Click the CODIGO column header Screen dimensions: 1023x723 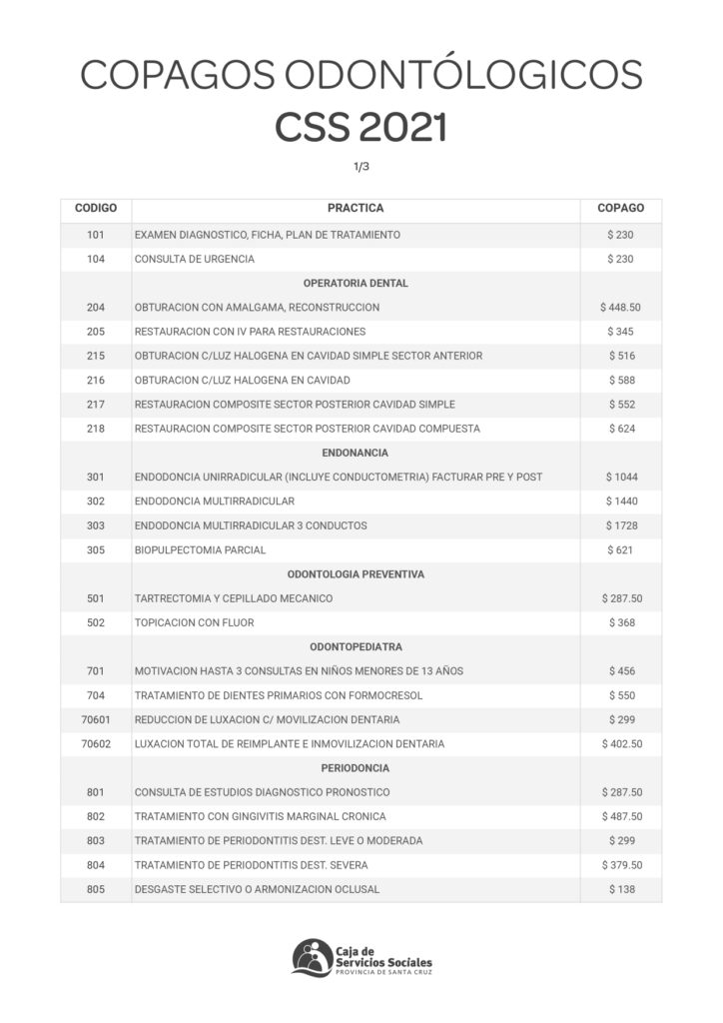coord(95,209)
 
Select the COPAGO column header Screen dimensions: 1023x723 coord(620,209)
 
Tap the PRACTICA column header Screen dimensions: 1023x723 coord(356,209)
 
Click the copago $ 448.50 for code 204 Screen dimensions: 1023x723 coord(620,307)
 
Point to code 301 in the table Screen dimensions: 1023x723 coord(95,477)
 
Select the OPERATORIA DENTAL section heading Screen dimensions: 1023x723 coord(356,283)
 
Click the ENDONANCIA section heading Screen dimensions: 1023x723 coord(356,453)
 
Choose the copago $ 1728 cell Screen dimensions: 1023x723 coord(620,525)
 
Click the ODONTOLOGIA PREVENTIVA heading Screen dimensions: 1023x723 coord(356,574)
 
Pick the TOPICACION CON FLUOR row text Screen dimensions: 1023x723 coord(194,622)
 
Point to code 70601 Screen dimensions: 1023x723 coord(95,719)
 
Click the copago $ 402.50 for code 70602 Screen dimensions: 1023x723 coord(620,744)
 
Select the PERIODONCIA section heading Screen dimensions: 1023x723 coord(356,768)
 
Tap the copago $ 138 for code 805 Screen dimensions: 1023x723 coord(620,889)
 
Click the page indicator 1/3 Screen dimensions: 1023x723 coord(361,167)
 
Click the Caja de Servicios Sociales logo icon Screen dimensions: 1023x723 coord(313,957)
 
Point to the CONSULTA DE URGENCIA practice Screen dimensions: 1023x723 coord(194,259)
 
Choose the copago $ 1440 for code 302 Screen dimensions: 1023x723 coord(620,501)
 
